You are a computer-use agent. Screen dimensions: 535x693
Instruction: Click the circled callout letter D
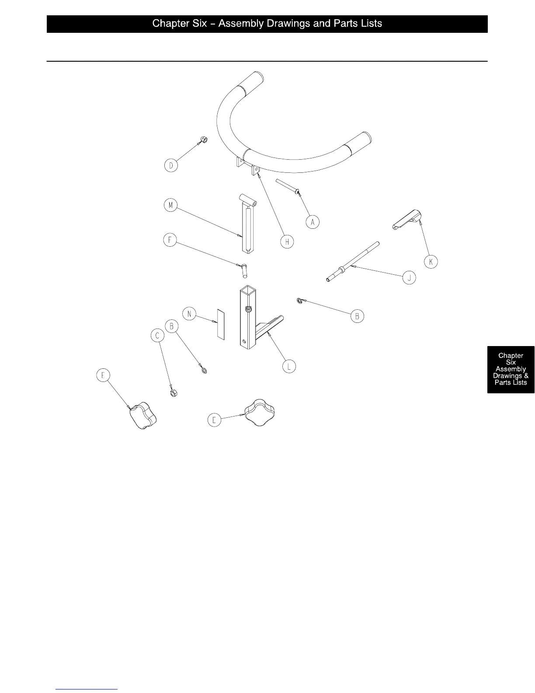point(171,166)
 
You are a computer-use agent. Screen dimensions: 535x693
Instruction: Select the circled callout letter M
point(170,205)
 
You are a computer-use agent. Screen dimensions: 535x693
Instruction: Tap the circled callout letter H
point(287,241)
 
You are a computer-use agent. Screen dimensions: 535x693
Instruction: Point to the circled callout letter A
point(312,222)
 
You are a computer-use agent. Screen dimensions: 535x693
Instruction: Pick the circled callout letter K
point(431,262)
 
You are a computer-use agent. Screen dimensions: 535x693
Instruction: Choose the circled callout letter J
point(409,277)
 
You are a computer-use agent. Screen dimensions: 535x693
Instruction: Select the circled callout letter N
point(189,314)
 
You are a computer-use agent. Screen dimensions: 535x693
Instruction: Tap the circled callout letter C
point(157,336)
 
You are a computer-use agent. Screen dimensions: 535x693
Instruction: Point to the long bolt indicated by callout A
point(286,185)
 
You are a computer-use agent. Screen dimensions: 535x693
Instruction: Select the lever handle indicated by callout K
point(406,219)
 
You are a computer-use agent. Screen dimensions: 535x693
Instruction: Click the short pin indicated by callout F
point(244,269)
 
